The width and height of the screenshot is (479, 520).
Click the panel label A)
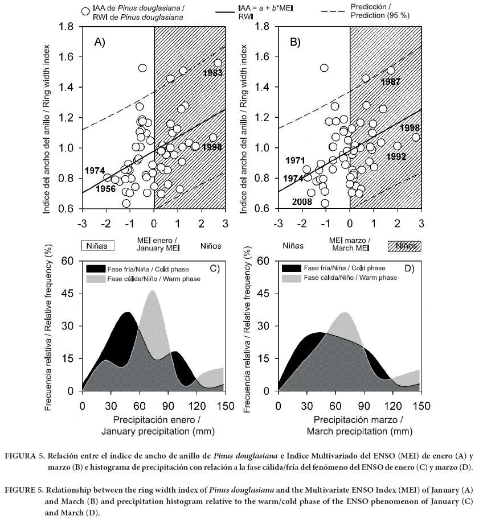(x=100, y=42)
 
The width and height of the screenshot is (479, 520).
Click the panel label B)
(x=296, y=42)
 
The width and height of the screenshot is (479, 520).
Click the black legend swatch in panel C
(x=96, y=269)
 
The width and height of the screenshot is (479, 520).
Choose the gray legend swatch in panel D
(x=291, y=278)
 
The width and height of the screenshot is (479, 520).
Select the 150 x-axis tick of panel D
(x=420, y=405)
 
